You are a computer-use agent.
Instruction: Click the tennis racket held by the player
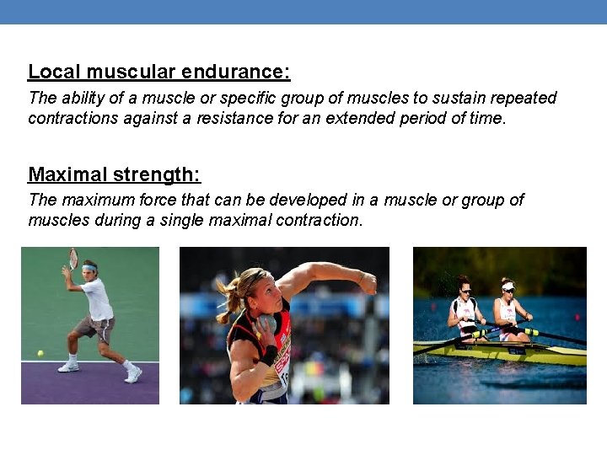pyautogui.click(x=73, y=258)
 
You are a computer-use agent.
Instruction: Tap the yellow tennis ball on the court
pyautogui.click(x=40, y=353)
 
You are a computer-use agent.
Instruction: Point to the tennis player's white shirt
pyautogui.click(x=98, y=300)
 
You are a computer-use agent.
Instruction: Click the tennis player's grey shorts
pyautogui.click(x=95, y=329)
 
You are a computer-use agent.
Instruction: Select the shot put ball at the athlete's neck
pyautogui.click(x=268, y=324)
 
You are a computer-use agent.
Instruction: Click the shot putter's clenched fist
pyautogui.click(x=368, y=283)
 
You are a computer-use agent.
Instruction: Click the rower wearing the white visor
pyautogui.click(x=508, y=309)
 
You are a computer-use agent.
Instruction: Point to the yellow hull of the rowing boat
pyautogui.click(x=506, y=350)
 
